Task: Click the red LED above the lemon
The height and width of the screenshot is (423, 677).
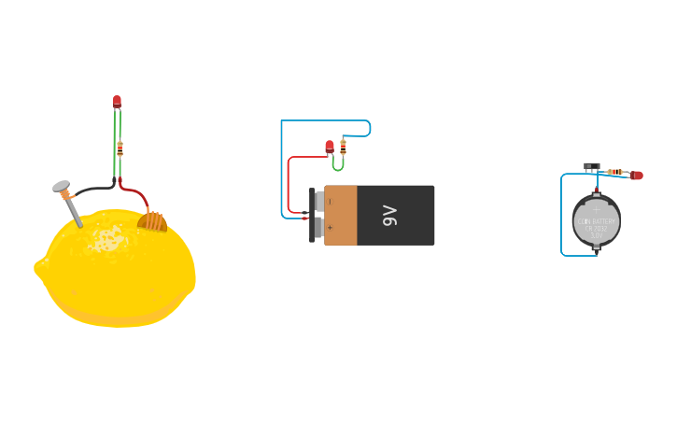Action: [x=117, y=101]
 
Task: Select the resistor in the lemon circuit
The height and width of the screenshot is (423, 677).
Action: [x=120, y=147]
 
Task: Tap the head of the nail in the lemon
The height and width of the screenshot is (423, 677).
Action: [x=62, y=187]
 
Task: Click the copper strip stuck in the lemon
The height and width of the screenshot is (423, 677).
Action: [x=152, y=220]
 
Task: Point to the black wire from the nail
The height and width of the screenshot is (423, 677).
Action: [x=89, y=190]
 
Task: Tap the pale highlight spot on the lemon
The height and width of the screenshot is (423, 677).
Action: [x=108, y=239]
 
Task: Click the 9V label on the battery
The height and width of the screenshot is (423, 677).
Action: [x=390, y=216]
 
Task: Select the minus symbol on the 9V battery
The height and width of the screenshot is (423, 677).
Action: [x=330, y=202]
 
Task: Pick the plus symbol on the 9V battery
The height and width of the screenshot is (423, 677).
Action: [x=330, y=228]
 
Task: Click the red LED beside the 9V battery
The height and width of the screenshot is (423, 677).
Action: [x=330, y=146]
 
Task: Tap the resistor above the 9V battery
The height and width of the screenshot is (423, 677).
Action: [x=343, y=145]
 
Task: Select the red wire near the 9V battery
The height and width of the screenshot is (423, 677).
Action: [x=289, y=182]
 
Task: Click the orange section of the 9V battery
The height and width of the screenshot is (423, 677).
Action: [x=340, y=216]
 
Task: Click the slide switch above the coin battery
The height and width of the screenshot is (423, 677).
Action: [x=592, y=166]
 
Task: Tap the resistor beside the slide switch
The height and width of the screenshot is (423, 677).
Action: [x=614, y=172]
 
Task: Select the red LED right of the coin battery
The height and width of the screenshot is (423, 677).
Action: [x=637, y=175]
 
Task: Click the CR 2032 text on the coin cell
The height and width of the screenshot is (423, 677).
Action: [x=596, y=228]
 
